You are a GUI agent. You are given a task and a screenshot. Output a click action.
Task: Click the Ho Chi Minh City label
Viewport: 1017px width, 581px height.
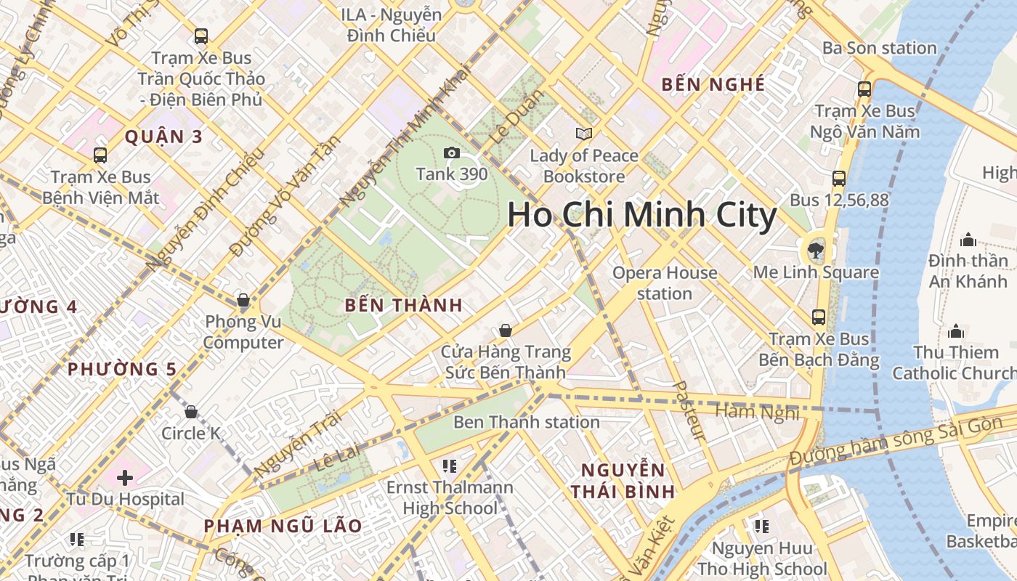click(641, 215)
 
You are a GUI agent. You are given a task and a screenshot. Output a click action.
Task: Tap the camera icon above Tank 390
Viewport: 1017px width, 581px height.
click(451, 153)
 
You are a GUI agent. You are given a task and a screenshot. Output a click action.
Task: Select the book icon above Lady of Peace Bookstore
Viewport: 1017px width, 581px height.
click(583, 134)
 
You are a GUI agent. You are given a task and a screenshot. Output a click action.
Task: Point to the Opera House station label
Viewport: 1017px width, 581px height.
click(664, 283)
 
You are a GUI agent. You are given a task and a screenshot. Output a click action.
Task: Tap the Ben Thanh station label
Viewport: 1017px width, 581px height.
click(526, 422)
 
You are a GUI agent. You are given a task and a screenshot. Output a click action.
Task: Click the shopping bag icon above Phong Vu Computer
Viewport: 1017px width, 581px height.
click(243, 300)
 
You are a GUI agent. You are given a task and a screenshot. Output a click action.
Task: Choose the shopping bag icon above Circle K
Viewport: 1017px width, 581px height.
click(191, 412)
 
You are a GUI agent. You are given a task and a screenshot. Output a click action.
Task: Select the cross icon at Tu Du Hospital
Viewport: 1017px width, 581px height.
click(125, 477)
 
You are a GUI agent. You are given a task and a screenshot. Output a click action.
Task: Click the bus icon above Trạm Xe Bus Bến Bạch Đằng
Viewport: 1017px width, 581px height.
click(819, 317)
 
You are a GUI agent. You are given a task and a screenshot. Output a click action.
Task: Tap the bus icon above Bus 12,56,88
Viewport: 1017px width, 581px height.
click(839, 178)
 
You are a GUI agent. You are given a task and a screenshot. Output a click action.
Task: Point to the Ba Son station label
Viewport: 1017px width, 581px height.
click(879, 48)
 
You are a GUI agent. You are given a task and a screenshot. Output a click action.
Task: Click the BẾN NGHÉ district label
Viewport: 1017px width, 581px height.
click(713, 84)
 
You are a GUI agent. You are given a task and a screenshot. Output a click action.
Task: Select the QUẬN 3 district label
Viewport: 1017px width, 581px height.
click(163, 136)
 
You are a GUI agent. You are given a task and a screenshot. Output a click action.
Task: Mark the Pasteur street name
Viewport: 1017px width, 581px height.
click(689, 411)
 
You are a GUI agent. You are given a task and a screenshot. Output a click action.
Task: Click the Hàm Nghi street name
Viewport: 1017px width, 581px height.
click(757, 412)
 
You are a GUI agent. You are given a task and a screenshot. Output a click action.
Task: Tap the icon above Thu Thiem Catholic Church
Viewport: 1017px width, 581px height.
click(955, 331)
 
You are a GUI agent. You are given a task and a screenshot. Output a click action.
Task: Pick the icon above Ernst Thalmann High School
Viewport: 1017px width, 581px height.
click(449, 466)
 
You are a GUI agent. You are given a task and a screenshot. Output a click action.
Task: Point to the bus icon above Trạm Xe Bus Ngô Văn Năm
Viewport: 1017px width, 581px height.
click(864, 89)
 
